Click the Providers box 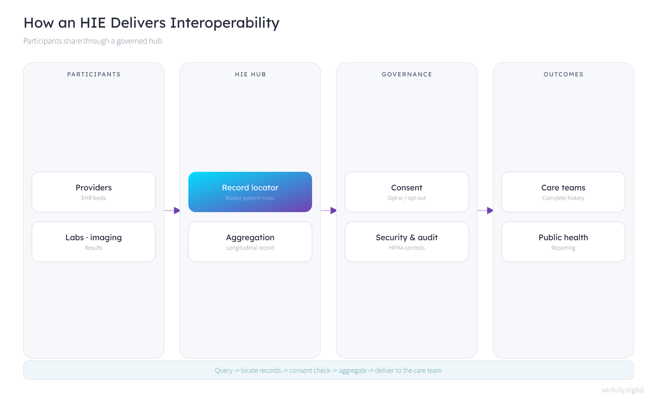94,192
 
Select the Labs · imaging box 94,242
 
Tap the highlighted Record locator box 250,192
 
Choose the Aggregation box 250,242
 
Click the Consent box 407,192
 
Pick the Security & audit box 407,242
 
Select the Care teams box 563,192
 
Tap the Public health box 563,242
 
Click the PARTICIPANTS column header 94,74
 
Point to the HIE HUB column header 250,74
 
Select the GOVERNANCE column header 407,74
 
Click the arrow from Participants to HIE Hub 172,210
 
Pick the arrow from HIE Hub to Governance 329,210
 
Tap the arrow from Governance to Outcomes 485,210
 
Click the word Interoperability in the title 225,23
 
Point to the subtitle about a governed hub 93,41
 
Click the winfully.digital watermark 623,390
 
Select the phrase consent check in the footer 310,371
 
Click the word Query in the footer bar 224,371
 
